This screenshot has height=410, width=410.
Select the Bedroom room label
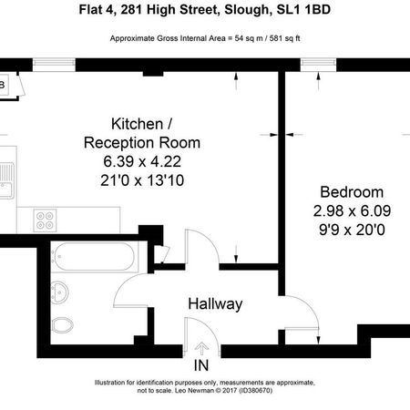[x=351, y=193]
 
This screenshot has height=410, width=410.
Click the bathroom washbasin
[x=57, y=292]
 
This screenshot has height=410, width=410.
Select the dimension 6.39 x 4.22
[x=142, y=160]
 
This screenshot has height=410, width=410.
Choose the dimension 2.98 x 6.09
[x=351, y=211]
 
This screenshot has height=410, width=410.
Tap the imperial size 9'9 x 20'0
[x=351, y=229]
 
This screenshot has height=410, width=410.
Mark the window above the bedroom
[x=317, y=62]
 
